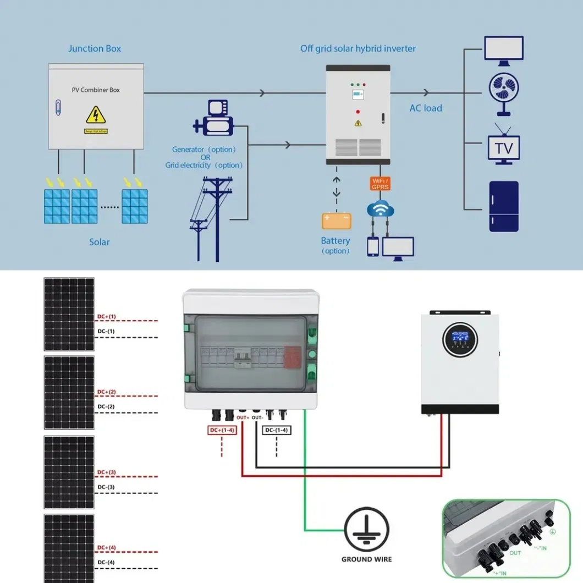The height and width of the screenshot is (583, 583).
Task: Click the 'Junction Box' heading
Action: pyautogui.click(x=95, y=48)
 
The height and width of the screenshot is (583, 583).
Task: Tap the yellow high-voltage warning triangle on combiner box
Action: pyautogui.click(x=96, y=115)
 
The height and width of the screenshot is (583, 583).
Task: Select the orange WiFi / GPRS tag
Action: pyautogui.click(x=380, y=184)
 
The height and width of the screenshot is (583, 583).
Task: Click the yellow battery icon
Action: pyautogui.click(x=336, y=221)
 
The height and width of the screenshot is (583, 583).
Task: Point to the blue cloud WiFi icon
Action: pyautogui.click(x=381, y=209)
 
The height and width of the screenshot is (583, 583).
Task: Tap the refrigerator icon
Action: pyautogui.click(x=504, y=206)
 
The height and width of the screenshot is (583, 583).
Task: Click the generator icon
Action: pyautogui.click(x=215, y=119)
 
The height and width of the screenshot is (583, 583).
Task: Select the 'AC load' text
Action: pyautogui.click(x=426, y=108)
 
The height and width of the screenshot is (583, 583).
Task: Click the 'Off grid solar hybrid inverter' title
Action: pyautogui.click(x=358, y=48)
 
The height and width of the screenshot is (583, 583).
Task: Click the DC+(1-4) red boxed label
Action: pyautogui.click(x=222, y=430)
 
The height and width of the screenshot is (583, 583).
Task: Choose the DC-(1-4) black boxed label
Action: pyautogui.click(x=276, y=430)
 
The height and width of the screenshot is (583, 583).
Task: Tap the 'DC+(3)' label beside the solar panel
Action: pyautogui.click(x=107, y=472)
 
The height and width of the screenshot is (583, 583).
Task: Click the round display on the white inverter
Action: pyautogui.click(x=459, y=338)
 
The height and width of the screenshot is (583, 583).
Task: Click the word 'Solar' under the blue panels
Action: pyautogui.click(x=100, y=242)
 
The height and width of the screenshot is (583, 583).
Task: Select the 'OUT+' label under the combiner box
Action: pyautogui.click(x=243, y=417)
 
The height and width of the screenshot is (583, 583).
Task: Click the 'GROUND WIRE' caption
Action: pyautogui.click(x=367, y=559)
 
